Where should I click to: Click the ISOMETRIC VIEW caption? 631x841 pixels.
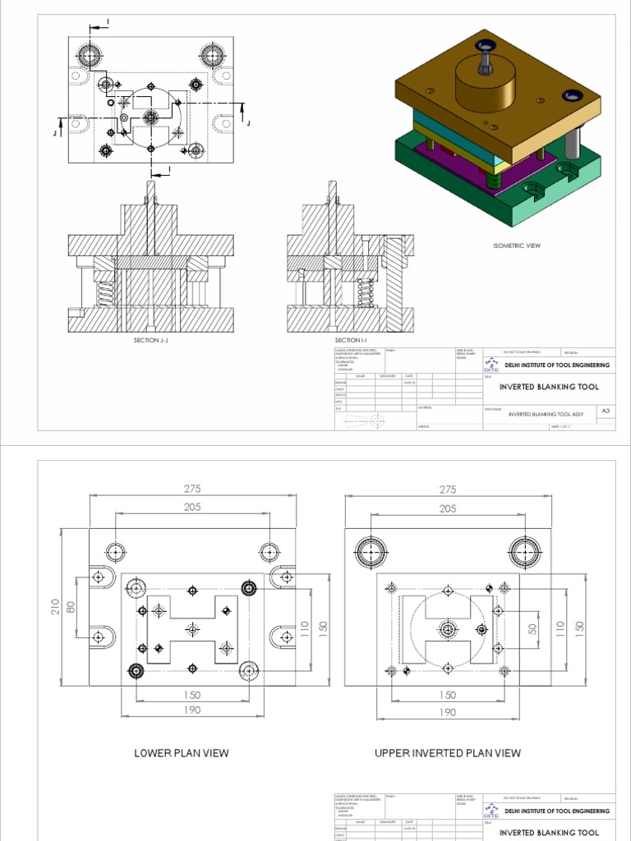516,246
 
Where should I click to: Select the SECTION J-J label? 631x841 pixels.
150,339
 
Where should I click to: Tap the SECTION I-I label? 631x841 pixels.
349,339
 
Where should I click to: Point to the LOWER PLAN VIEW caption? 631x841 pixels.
182,753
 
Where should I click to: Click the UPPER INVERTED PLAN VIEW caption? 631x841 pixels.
447,753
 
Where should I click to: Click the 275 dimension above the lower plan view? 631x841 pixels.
192,489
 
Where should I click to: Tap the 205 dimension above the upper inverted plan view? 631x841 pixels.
447,508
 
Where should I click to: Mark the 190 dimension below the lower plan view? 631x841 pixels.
192,710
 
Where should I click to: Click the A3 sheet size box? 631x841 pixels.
606,411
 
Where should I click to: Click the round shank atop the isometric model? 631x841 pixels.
485,82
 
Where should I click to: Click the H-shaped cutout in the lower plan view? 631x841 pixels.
192,629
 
